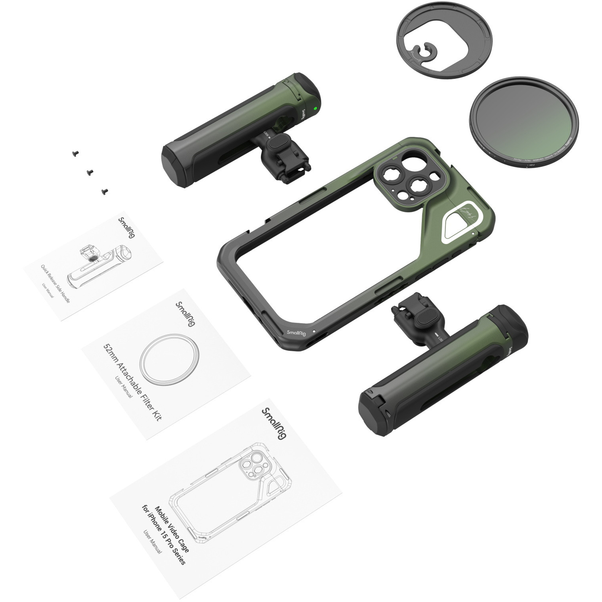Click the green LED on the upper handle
point(316,108)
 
